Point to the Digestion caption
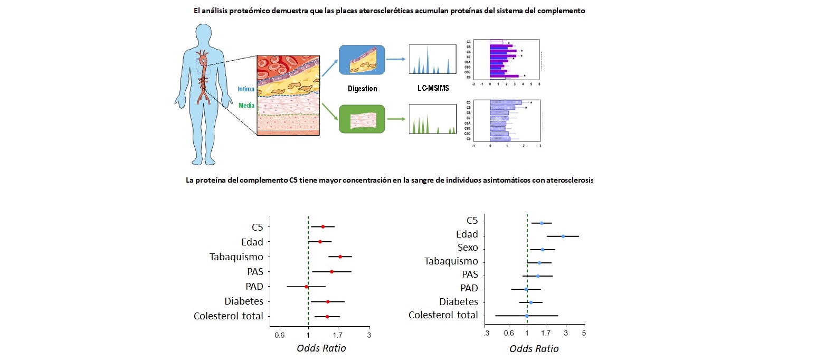[363, 89]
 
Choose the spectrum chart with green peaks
[432, 119]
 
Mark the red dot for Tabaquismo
[340, 257]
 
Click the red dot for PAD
[306, 287]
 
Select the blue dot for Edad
[563, 236]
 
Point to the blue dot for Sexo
[543, 249]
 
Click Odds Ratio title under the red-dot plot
[321, 348]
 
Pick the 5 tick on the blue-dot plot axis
[584, 333]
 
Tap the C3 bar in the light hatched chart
[506, 102]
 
